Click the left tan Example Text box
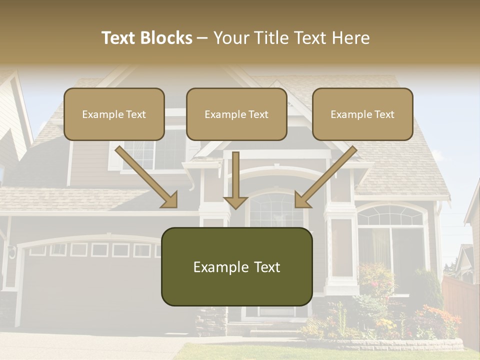click(x=114, y=114)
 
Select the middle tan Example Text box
click(x=236, y=114)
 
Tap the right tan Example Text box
click(x=362, y=114)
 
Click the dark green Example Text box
click(x=236, y=266)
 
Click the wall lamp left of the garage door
click(x=11, y=251)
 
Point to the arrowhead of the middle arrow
click(x=236, y=202)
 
